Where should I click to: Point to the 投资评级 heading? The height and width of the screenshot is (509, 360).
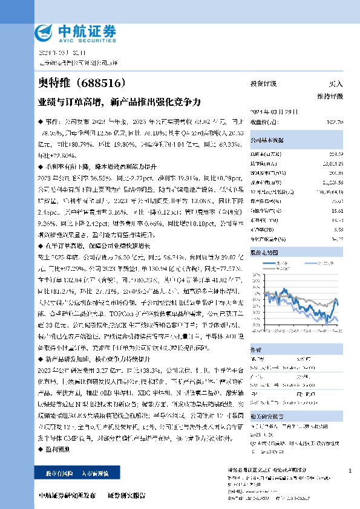point(264,84)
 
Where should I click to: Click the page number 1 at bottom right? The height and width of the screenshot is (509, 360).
point(350,470)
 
